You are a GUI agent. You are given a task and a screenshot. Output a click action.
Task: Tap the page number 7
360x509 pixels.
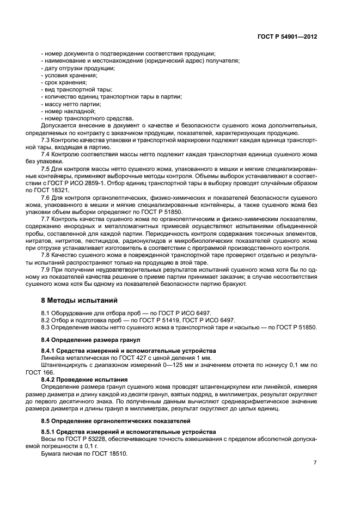(315, 462)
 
